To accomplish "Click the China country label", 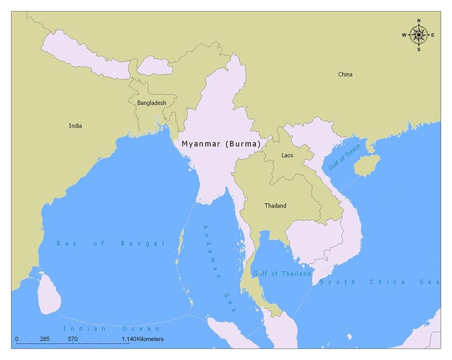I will click(x=345, y=75).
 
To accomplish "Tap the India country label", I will click(x=75, y=126).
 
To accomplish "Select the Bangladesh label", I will click(x=151, y=103).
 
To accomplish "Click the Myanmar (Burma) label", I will click(x=221, y=144).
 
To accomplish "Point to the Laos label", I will click(x=287, y=155).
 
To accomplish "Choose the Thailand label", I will click(x=275, y=206).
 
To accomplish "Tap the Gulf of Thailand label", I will click(x=282, y=274).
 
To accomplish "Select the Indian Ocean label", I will click(x=112, y=328).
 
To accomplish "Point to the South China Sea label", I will click(x=379, y=282).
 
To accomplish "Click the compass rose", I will click(x=419, y=35).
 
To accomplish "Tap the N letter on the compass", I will click(x=419, y=21).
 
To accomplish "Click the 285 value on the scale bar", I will click(x=44, y=339).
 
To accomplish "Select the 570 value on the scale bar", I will click(x=73, y=339).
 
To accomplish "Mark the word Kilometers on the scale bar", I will click(x=150, y=339).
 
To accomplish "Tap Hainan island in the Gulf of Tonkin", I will click(x=367, y=166).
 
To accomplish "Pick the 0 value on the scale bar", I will click(x=17, y=339).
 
